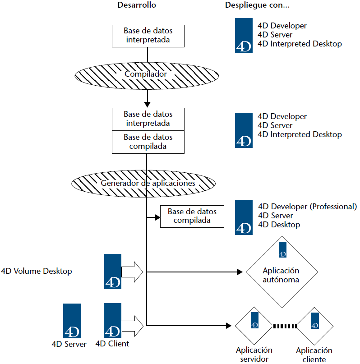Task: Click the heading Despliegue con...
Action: [x=257, y=6]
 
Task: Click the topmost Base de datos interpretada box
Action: [x=148, y=36]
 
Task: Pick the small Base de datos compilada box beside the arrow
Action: [x=192, y=216]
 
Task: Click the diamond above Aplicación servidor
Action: [x=254, y=325]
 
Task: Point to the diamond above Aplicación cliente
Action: [x=314, y=325]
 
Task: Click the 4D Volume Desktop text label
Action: [x=37, y=271]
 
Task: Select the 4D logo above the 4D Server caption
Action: [x=72, y=321]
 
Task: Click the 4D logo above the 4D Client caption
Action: [x=112, y=321]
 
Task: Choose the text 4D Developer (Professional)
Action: [x=307, y=207]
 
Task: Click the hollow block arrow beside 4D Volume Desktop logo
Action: [x=133, y=272]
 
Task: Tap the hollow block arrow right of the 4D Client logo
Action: [x=133, y=325]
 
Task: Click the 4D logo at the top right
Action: [x=244, y=36]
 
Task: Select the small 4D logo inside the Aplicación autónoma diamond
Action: [x=282, y=249]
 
